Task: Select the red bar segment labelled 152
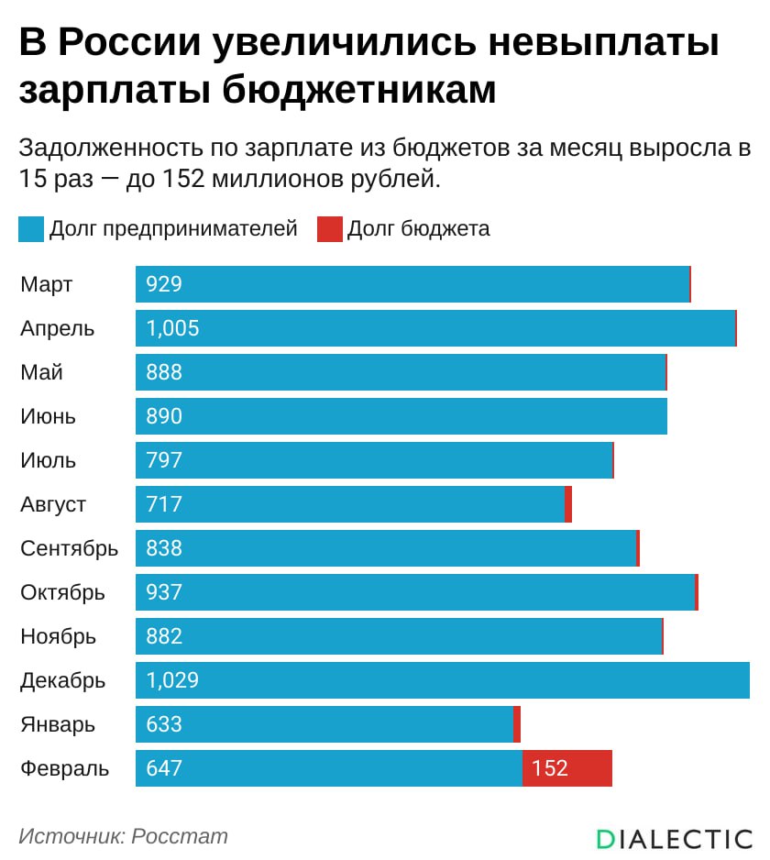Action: pos(566,768)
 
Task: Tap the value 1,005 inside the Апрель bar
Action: pos(172,328)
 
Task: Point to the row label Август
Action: pos(53,504)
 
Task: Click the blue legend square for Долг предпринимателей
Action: pos(30,229)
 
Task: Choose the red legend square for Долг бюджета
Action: pos(329,229)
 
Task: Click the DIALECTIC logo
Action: pos(674,839)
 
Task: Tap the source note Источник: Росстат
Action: pos(123,836)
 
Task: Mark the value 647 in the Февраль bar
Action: pos(164,768)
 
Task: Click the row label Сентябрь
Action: pos(70,548)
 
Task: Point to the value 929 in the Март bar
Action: pos(164,284)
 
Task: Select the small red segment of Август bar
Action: pos(568,504)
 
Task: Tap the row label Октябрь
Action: pos(62,592)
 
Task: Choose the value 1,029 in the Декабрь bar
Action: pos(172,680)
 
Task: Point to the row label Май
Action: pos(41,372)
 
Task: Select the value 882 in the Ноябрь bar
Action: pos(164,636)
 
